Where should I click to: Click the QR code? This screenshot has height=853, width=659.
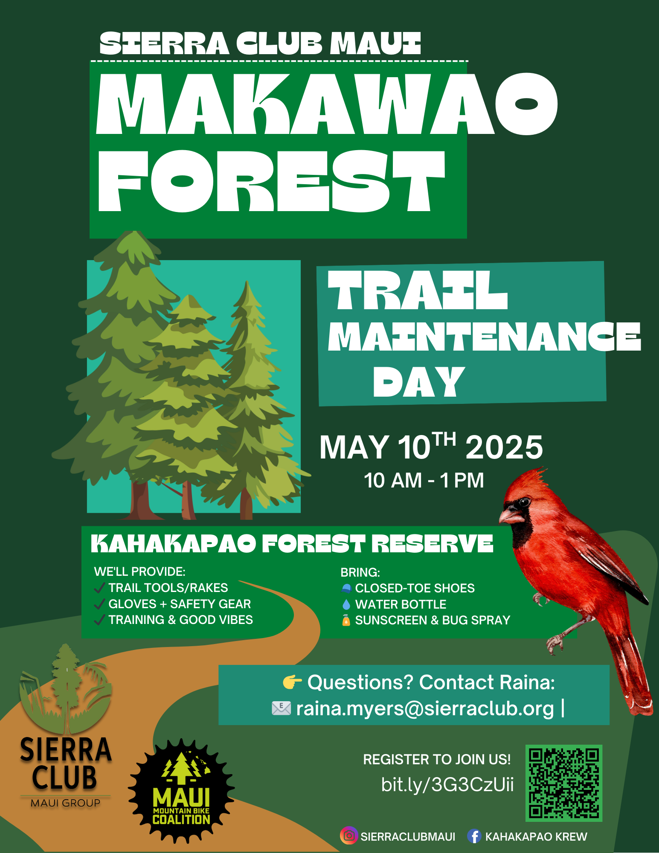coord(564,783)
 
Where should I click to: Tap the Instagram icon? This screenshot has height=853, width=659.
coord(348,836)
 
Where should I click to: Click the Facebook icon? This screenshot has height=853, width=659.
coord(474,836)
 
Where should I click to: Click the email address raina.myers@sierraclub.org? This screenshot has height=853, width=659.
coord(425,708)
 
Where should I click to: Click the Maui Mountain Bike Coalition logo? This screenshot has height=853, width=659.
coord(181,791)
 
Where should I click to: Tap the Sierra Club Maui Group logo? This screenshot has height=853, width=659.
coord(65,725)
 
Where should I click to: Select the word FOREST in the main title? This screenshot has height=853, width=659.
coord(271,181)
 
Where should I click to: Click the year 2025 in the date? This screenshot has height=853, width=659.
coord(504,447)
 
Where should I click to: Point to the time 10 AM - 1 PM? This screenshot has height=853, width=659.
coord(424,480)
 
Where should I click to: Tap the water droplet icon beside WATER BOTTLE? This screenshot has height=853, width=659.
coord(346,604)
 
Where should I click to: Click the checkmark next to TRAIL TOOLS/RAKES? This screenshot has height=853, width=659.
coord(99,588)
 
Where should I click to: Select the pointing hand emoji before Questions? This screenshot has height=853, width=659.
coord(292,682)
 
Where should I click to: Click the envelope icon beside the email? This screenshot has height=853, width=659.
coord(282,708)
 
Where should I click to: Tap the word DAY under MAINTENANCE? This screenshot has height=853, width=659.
coord(419,382)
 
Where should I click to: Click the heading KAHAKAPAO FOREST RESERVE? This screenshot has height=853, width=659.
coord(292,544)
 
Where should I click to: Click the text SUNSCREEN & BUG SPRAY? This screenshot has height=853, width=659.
coord(433,620)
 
